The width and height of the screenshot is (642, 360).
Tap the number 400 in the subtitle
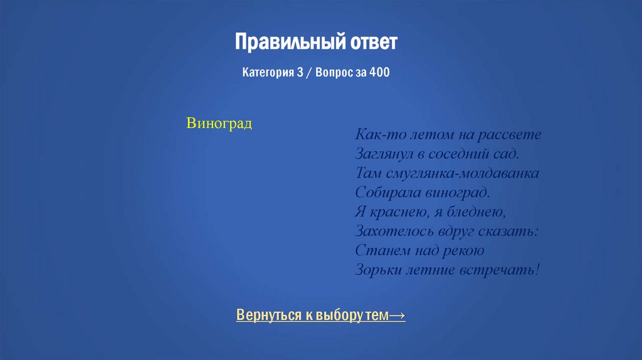pyautogui.click(x=379, y=73)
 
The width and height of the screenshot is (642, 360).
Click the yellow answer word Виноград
pyautogui.click(x=219, y=123)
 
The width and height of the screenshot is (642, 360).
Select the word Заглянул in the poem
pyautogui.click(x=382, y=154)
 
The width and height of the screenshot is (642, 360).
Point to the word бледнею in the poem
pyautogui.click(x=474, y=211)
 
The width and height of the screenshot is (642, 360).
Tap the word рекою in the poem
pyautogui.click(x=465, y=250)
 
